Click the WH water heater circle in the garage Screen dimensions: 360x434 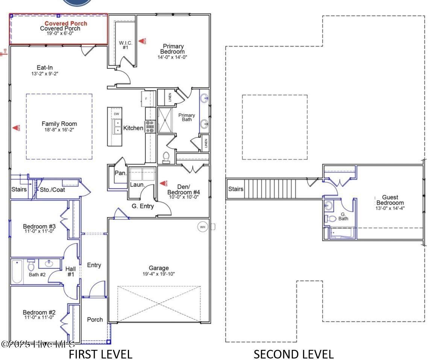coord(202,227)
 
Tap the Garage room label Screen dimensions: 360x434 coord(158,268)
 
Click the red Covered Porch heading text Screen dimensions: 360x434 coord(66,23)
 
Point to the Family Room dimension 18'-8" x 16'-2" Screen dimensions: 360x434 coord(59,130)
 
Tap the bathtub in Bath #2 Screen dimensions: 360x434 coord(17,272)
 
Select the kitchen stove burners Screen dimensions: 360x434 coord(150,127)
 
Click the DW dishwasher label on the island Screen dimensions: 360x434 coord(117,114)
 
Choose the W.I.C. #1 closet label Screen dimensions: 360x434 coord(126,45)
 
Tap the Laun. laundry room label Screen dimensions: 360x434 coord(136,185)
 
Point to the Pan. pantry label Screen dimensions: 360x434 coord(120,173)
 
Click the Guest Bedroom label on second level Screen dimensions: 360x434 coord(390,200)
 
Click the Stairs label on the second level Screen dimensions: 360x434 coord(236,189)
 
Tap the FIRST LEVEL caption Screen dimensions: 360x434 coord(100,354)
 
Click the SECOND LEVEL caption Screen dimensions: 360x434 coord(293,354)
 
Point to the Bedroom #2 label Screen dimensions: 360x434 coord(39,312)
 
